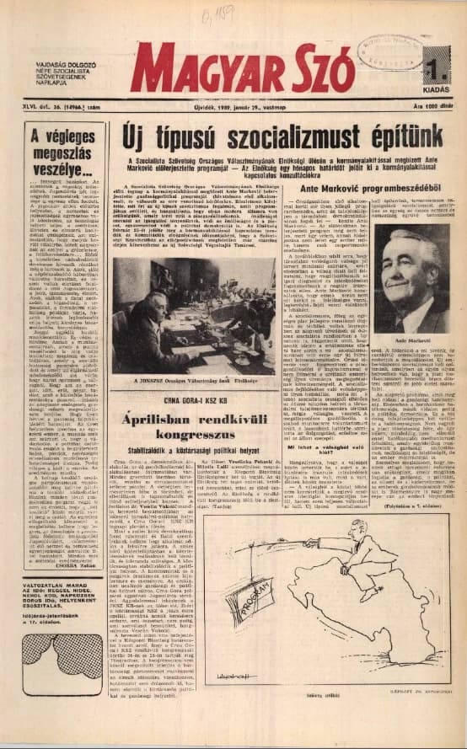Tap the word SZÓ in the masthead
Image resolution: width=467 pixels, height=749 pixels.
pos(314,70)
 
